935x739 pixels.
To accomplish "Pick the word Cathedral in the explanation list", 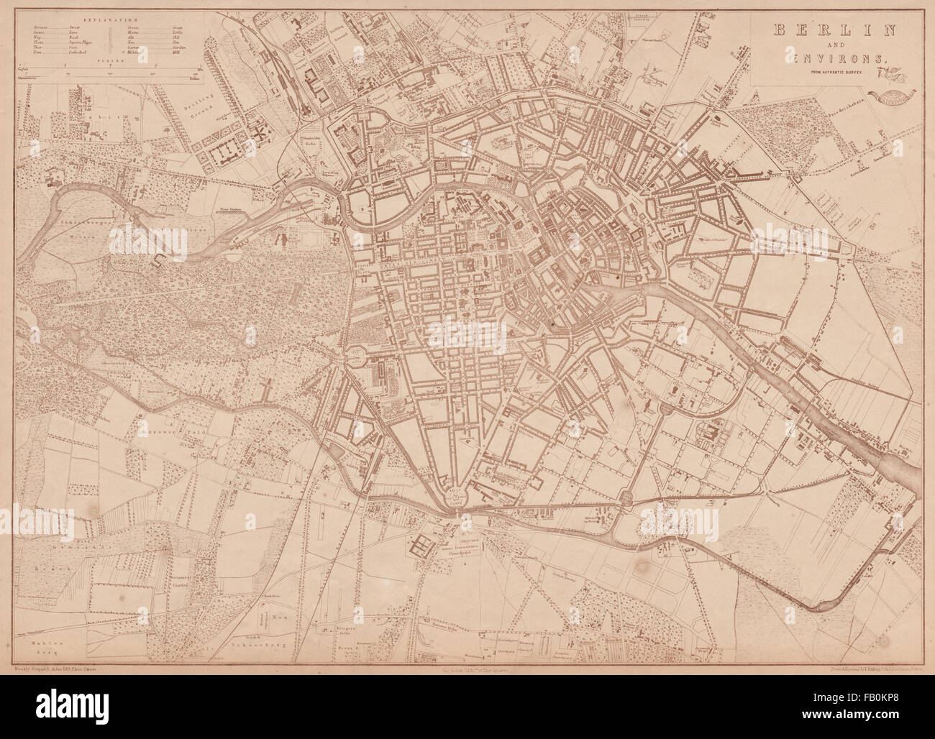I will [x=78, y=52].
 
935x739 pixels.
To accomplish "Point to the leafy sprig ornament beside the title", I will [x=894, y=73].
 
